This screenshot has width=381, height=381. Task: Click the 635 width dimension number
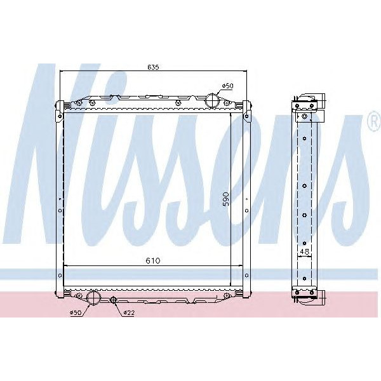click(153, 67)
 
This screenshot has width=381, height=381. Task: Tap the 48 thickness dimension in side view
click(305, 252)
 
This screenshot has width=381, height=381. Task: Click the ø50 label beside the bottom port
click(76, 312)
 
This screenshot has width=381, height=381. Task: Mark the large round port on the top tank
click(212, 100)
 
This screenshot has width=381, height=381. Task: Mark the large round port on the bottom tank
click(95, 298)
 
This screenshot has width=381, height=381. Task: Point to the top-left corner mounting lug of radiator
click(59, 106)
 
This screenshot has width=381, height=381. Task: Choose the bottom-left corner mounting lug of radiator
click(59, 293)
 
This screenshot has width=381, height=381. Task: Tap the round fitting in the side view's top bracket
click(305, 116)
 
